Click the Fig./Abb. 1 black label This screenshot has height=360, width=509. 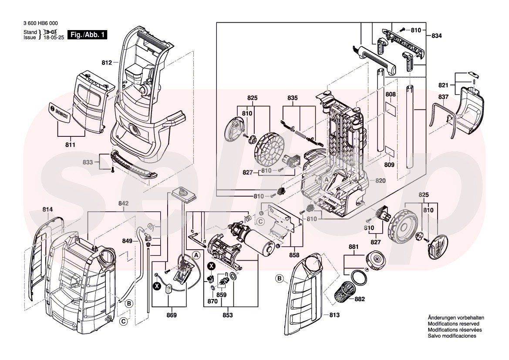coord(88,35)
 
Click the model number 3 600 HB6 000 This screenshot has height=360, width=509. coord(40,24)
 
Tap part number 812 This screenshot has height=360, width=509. coord(107,63)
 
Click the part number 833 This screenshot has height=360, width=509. coord(88,162)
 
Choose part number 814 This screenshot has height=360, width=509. coord(47,210)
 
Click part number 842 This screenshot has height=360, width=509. coord(124,204)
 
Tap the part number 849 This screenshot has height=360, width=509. coord(127,241)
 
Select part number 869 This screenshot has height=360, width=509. coord(172,315)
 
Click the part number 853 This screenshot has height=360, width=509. coord(227,315)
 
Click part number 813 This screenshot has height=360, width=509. coord(334,315)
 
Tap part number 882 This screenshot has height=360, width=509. coord(360,299)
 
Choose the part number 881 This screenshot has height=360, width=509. coord(354,247)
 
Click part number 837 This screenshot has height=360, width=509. coord(443,97)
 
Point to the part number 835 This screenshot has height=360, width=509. coord(293,98)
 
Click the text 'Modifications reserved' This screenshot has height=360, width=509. coord(453,324)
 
